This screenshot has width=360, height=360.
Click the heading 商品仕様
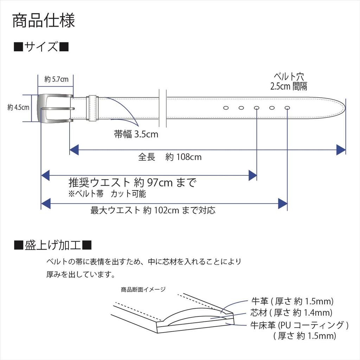[x=44, y=21]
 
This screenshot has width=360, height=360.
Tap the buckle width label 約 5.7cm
[x=57, y=79]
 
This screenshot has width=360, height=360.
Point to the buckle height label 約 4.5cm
[x=18, y=107]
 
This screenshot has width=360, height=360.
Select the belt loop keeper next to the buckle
[x=92, y=108]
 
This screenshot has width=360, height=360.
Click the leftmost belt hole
[x=226, y=108]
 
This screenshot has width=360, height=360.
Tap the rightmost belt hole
[x=287, y=108]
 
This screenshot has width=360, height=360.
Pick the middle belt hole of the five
[x=257, y=108]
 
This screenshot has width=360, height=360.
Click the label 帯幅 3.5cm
[x=136, y=134]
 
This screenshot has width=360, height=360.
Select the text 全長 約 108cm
[x=170, y=157]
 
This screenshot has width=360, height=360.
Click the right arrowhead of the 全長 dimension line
[x=341, y=150]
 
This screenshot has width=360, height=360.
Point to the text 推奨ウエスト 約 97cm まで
[x=133, y=182]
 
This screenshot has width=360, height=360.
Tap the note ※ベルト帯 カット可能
[x=107, y=194]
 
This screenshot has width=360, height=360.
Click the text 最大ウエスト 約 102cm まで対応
[x=153, y=210]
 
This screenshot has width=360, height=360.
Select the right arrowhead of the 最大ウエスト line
[x=283, y=204]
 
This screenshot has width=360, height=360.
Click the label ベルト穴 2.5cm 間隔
[x=289, y=82]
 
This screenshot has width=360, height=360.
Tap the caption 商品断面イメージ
[x=143, y=290]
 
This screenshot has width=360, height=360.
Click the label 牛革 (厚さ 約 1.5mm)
[x=292, y=301]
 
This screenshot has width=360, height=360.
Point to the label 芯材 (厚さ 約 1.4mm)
[x=291, y=313]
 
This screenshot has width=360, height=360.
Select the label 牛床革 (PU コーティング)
[x=300, y=325]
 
